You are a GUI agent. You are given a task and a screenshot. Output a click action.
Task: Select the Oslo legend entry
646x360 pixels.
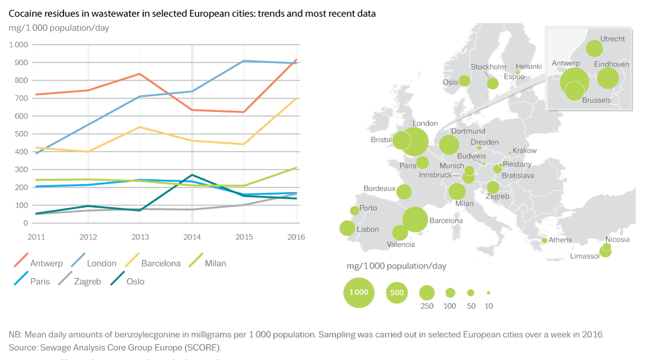(135, 281)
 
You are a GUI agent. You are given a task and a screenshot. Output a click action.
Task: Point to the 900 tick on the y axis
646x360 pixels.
(20, 62)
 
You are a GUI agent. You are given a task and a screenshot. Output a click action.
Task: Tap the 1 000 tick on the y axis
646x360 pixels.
(18, 45)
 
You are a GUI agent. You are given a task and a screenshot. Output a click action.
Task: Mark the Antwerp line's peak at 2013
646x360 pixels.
(139, 74)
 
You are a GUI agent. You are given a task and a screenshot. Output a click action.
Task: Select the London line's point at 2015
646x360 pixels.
(244, 61)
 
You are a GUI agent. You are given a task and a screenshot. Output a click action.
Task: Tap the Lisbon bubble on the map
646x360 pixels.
(347, 228)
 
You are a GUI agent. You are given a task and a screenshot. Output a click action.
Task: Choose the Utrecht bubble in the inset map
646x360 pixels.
(594, 48)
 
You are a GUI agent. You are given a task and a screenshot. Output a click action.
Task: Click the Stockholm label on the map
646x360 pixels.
(488, 67)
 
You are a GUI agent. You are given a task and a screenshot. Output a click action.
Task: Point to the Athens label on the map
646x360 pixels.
(560, 240)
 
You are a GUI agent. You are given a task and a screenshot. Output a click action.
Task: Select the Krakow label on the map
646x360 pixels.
(525, 151)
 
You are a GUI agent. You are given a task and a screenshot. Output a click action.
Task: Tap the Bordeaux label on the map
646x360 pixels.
(379, 189)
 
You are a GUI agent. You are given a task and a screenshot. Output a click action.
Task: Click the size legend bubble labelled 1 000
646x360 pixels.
(359, 293)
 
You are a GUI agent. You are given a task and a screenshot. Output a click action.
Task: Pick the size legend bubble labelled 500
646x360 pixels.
(397, 293)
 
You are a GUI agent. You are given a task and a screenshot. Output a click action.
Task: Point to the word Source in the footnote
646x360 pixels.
(22, 347)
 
